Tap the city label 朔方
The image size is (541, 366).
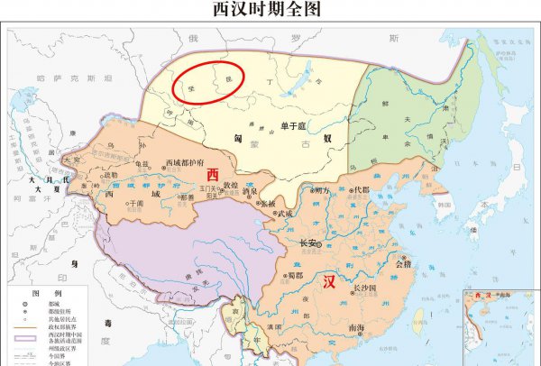tap(320, 190)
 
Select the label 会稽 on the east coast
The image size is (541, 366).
tap(404, 264)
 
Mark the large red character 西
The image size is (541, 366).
tap(214, 173)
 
